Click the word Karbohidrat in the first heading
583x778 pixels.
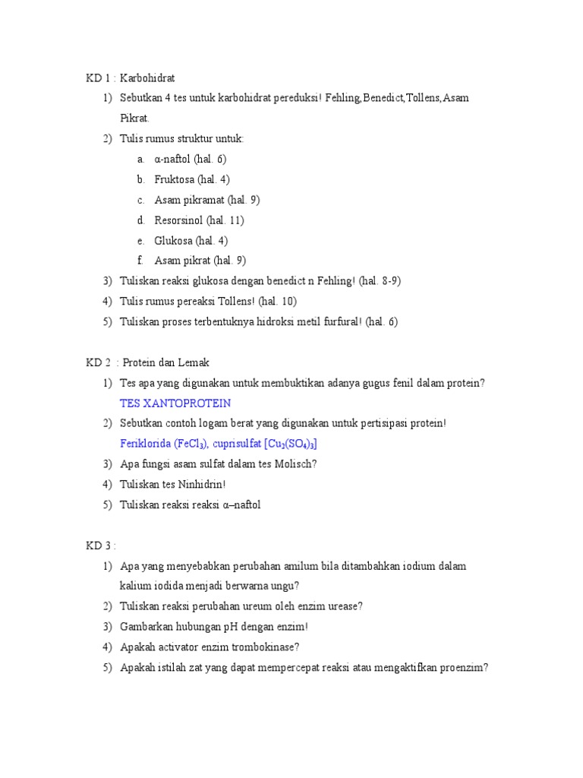148,78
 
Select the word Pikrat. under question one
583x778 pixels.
135,119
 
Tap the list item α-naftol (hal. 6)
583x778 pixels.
191,160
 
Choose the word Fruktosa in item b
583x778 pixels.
174,180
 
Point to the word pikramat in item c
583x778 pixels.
203,200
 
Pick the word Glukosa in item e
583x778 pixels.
173,241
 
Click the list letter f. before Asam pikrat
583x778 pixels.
140,261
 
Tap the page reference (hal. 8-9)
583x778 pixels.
380,281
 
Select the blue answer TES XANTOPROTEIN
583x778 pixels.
175,403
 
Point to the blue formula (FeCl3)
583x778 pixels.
182,444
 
